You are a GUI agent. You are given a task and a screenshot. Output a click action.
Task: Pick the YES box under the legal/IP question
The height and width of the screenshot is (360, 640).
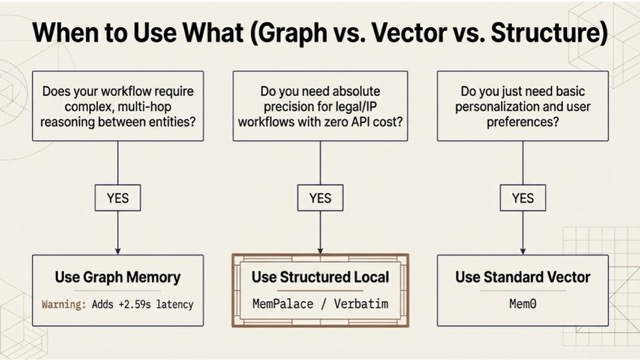pos(320,198)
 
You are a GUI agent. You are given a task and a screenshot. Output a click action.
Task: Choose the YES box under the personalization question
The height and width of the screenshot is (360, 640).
pos(522,198)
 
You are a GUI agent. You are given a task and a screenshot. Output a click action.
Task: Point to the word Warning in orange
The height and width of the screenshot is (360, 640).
pos(67,303)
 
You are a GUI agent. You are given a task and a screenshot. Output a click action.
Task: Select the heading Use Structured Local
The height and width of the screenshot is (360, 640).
pos(319,276)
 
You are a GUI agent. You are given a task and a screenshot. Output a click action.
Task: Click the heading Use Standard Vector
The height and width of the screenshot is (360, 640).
pos(522,277)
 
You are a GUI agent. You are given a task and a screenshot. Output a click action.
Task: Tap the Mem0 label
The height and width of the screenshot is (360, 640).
pos(522,303)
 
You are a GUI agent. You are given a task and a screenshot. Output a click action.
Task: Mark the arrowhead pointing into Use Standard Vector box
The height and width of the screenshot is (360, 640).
pos(522,249)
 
